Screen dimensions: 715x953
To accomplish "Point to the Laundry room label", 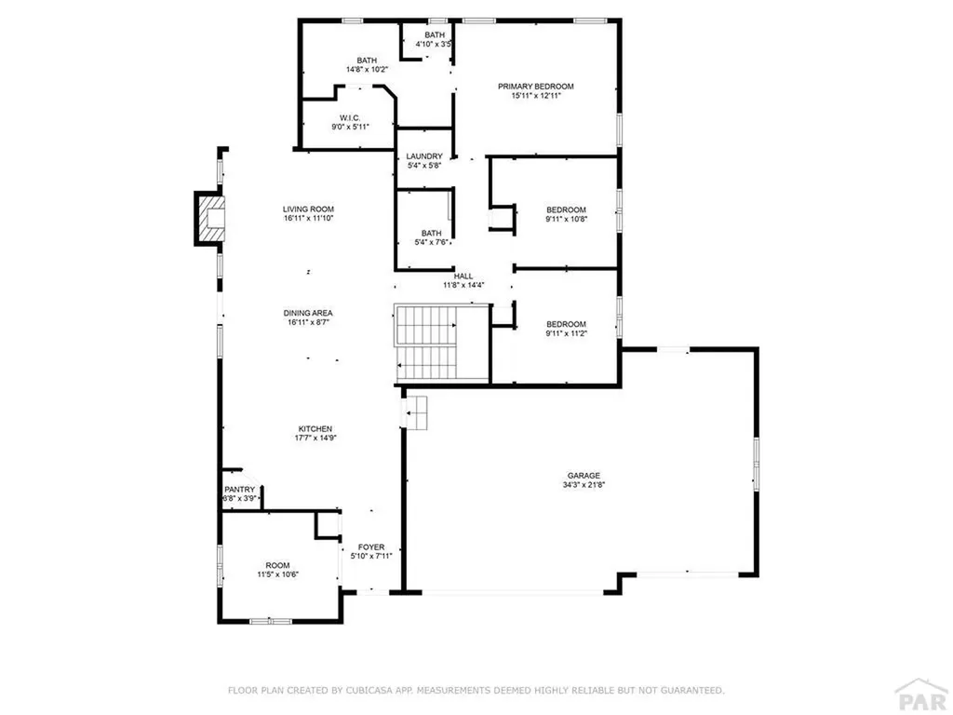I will [x=424, y=156].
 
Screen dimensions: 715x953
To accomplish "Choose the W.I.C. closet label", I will [x=350, y=117].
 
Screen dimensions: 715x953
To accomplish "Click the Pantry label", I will [x=239, y=490].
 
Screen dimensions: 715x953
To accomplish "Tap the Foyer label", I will [x=371, y=547].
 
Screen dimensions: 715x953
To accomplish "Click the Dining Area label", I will [x=308, y=314].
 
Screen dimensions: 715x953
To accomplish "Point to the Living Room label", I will [x=308, y=209].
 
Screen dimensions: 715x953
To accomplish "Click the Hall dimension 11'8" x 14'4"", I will [x=463, y=286].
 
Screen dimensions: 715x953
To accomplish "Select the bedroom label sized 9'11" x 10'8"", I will [x=566, y=209].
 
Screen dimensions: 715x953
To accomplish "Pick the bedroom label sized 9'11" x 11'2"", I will [x=566, y=324].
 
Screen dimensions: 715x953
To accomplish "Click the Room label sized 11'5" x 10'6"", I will [x=277, y=566].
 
